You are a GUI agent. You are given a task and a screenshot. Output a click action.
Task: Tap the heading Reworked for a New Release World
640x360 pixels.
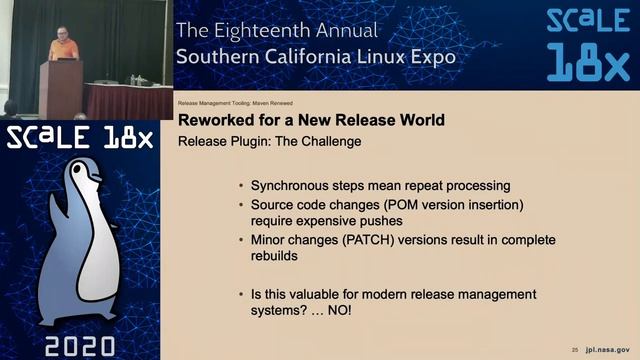pos(311,121)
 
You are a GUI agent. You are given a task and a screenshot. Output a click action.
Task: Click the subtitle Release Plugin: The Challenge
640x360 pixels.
pos(269,141)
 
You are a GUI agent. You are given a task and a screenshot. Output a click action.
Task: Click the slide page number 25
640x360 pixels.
pos(575,350)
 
